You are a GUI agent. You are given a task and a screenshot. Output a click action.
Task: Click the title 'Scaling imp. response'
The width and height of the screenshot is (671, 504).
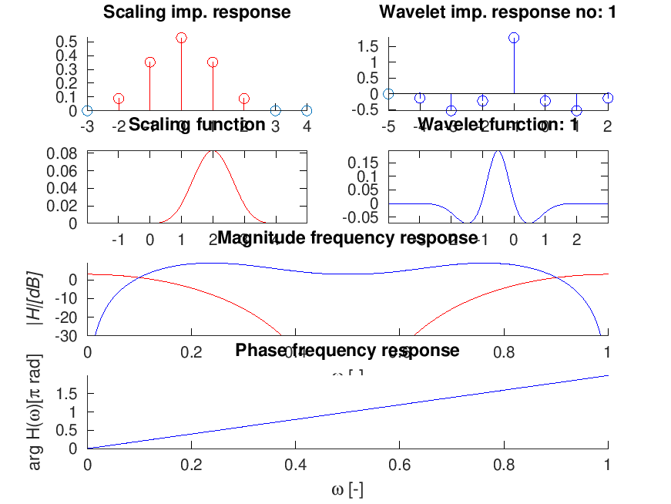(x=197, y=12)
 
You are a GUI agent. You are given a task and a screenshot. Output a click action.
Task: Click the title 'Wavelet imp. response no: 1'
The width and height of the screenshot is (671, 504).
(x=498, y=12)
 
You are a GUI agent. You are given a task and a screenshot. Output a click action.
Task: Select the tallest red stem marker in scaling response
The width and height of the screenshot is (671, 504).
(x=182, y=37)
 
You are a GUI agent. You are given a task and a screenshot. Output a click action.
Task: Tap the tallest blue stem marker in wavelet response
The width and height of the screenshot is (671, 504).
(x=514, y=38)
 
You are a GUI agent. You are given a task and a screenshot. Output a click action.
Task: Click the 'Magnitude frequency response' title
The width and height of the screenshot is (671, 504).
(x=347, y=238)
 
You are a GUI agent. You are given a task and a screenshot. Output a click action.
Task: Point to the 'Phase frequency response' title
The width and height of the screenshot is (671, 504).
(x=347, y=351)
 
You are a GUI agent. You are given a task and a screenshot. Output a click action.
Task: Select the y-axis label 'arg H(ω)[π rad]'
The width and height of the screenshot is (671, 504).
(x=35, y=413)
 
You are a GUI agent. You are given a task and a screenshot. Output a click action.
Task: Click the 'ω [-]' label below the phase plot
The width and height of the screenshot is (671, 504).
(x=347, y=489)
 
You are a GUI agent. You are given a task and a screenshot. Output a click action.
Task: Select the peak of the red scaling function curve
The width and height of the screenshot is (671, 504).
(x=213, y=151)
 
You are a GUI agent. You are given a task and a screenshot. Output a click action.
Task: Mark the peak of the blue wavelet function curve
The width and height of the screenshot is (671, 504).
(x=498, y=151)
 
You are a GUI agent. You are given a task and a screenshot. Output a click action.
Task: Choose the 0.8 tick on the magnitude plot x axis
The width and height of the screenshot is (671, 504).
(x=504, y=352)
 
